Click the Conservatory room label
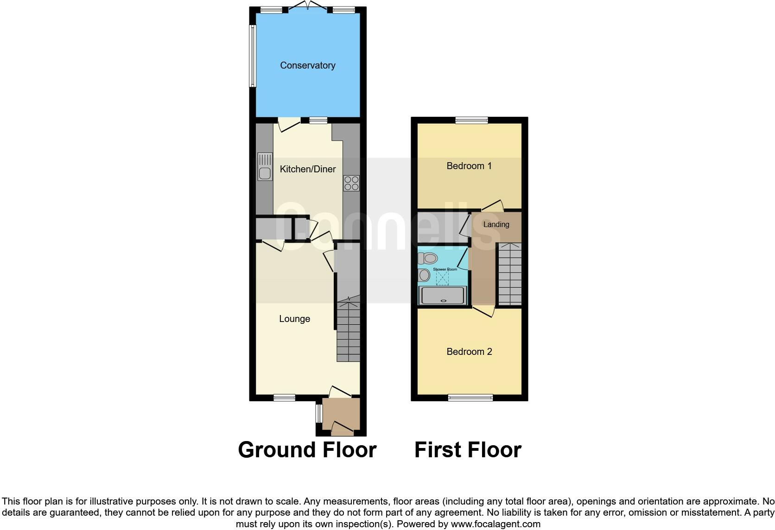point(307,65)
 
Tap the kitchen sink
point(265,167)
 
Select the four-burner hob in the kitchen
point(351,183)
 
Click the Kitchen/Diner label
point(307,169)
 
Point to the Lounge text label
point(294,319)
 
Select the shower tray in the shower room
point(442,296)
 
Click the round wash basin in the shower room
point(424,276)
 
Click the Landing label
point(496,224)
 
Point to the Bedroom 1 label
point(469,166)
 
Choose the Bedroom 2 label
point(469,352)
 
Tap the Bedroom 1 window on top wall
point(471,120)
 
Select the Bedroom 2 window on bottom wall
point(470,397)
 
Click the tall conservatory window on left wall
point(253,56)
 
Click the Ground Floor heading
point(307,450)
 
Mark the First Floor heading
point(467,450)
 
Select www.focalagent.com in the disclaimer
point(495,524)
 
